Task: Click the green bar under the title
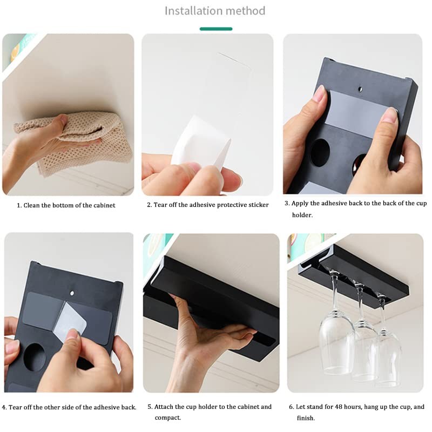(216, 29)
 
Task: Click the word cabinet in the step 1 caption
(104, 205)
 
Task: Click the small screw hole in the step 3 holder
(360, 89)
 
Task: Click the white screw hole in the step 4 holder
(72, 293)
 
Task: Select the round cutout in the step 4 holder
(35, 357)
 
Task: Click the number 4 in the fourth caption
(4, 408)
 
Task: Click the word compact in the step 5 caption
(167, 417)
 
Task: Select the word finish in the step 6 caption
(305, 418)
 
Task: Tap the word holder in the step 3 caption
(302, 215)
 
